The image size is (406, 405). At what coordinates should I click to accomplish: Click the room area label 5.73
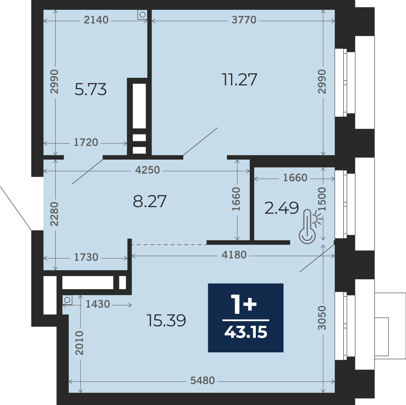(x=91, y=89)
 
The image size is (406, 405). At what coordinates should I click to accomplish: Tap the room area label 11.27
(x=239, y=80)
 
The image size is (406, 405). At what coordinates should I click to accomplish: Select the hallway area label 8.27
(x=150, y=201)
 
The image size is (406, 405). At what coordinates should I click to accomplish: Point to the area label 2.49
(x=282, y=208)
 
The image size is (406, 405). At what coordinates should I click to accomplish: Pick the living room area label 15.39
(x=166, y=320)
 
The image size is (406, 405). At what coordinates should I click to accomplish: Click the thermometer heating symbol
(x=310, y=226)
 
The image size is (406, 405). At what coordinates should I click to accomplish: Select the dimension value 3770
(x=244, y=20)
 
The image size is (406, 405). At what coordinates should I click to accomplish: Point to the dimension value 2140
(x=96, y=20)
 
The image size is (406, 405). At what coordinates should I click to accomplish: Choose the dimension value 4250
(x=148, y=170)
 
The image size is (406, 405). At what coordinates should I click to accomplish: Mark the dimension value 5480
(x=202, y=380)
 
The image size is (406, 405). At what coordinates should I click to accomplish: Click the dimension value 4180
(x=234, y=255)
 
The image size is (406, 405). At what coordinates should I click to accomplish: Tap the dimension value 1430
(x=98, y=304)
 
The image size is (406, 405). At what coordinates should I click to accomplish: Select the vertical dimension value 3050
(x=322, y=318)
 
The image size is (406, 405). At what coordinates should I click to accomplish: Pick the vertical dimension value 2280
(x=54, y=214)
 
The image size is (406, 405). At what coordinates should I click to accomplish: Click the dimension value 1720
(x=86, y=142)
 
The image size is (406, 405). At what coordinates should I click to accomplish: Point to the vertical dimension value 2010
(x=79, y=343)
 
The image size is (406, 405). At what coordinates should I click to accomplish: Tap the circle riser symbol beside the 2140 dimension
(x=142, y=15)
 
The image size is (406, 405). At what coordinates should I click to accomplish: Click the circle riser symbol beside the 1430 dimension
(x=67, y=300)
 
